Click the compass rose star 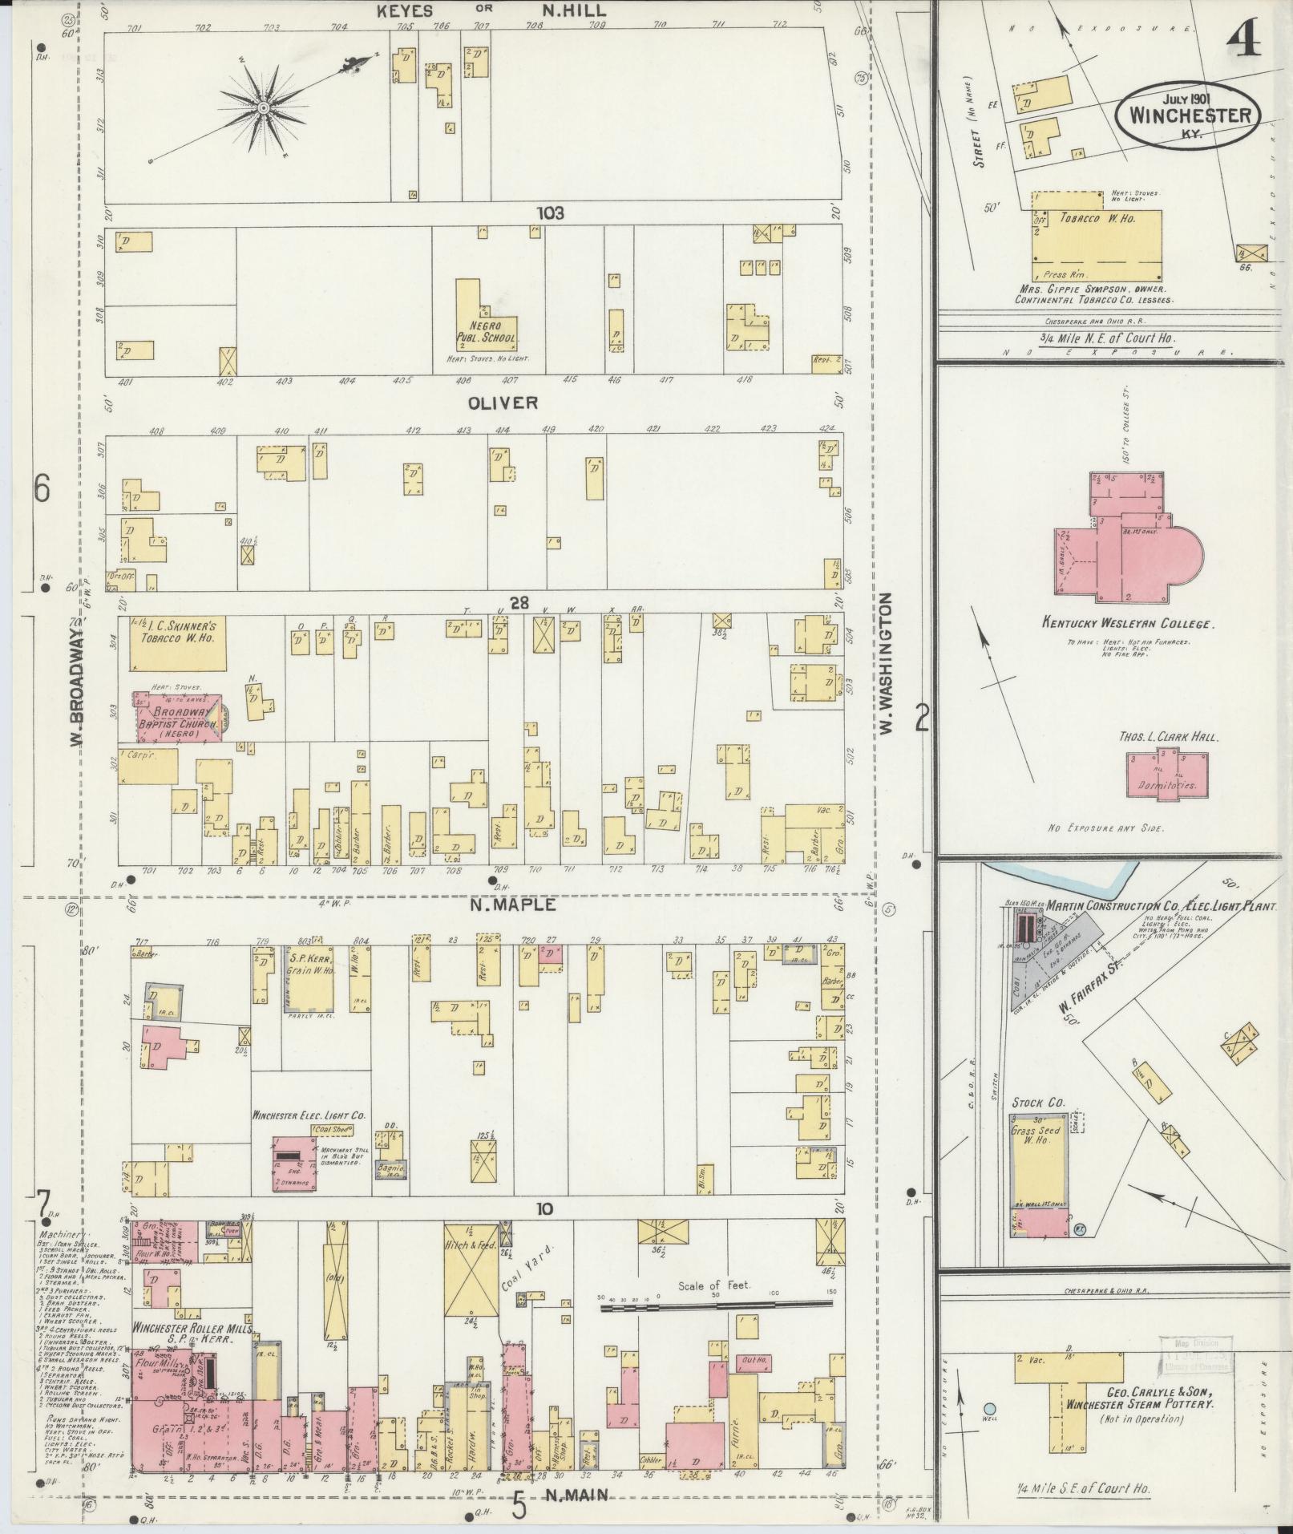point(263,107)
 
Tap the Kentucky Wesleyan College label point(1126,623)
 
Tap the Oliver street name point(504,403)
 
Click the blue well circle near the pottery point(990,1407)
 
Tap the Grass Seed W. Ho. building point(1040,1170)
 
